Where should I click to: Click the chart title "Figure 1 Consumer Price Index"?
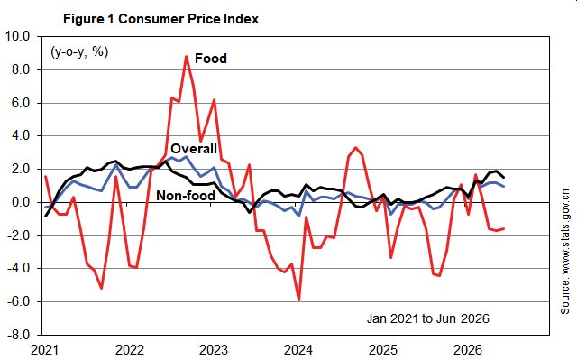click(x=160, y=19)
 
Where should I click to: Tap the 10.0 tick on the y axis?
click(x=16, y=36)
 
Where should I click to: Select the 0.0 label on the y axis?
click(x=21, y=202)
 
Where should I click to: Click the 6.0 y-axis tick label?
click(x=21, y=103)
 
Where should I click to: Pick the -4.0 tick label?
click(x=18, y=268)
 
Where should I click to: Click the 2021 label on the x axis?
click(x=44, y=350)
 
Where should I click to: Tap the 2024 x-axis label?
click(x=298, y=350)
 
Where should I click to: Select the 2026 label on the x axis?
click(x=467, y=350)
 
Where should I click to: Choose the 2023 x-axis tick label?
click(x=214, y=350)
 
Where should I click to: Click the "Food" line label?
click(x=210, y=59)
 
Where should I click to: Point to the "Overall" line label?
click(x=194, y=149)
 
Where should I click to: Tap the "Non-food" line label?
click(x=186, y=196)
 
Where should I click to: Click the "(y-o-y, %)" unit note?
click(x=79, y=52)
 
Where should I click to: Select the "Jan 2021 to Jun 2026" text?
click(x=428, y=318)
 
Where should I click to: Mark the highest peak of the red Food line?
click(x=187, y=56)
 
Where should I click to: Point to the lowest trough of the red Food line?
click(x=298, y=300)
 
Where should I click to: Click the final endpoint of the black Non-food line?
click(x=503, y=178)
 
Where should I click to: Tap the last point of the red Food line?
click(x=503, y=228)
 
